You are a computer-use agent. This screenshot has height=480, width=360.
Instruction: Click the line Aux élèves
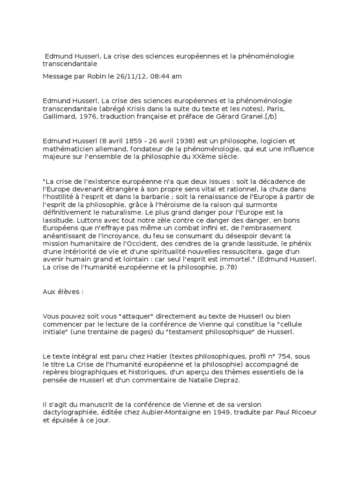click(63, 292)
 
